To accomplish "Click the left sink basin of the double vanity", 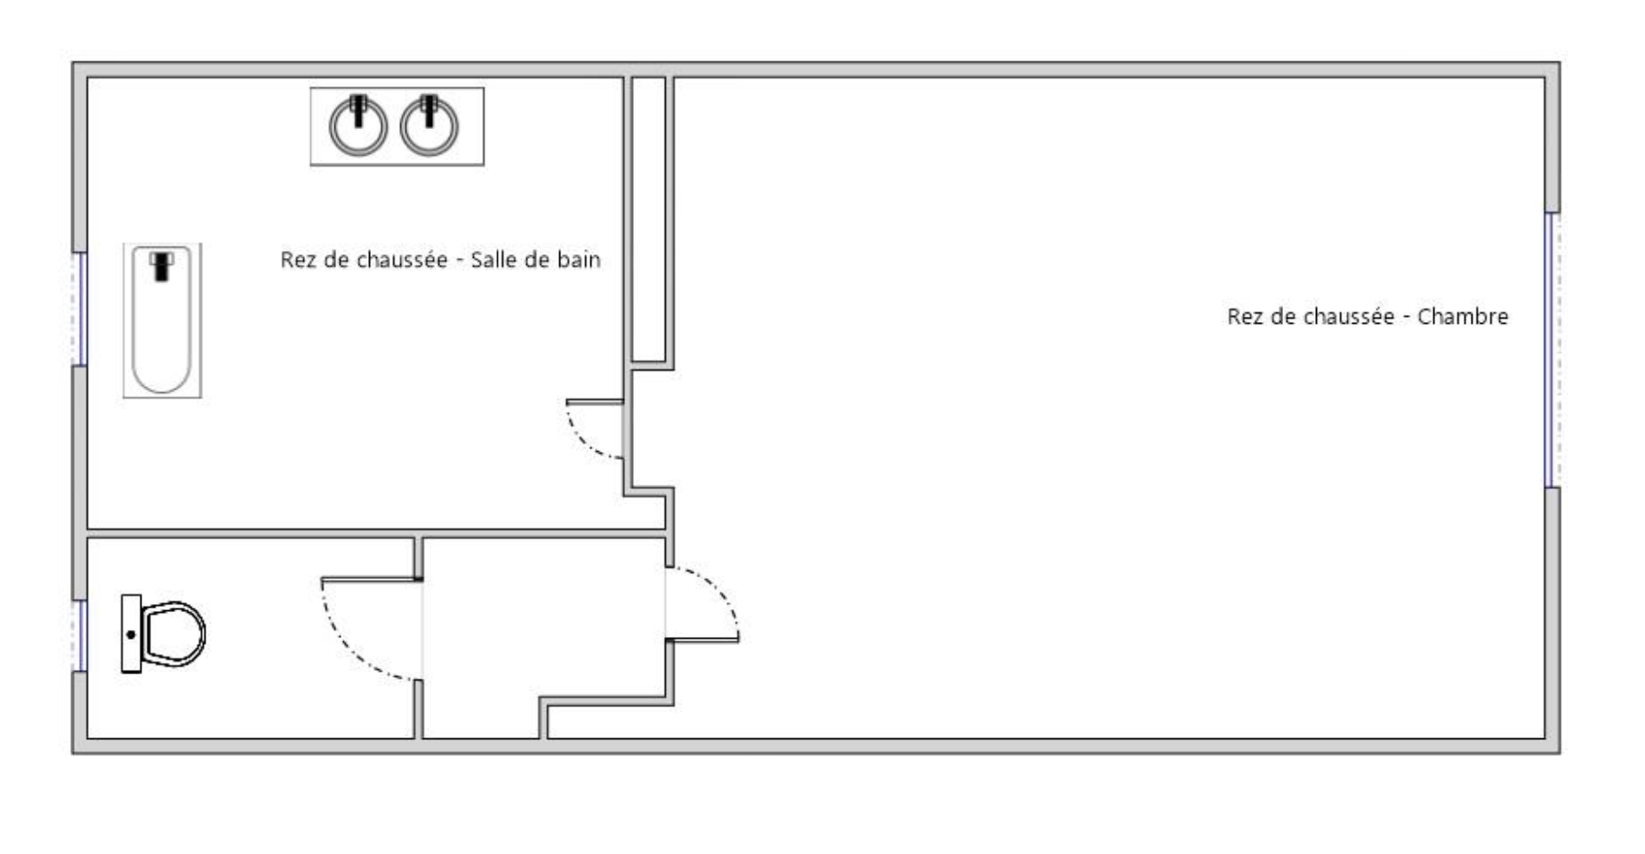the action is tap(358, 127).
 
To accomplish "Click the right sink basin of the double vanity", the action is tap(429, 127).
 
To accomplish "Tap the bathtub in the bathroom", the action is tap(162, 320).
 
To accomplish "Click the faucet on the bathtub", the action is tap(161, 266).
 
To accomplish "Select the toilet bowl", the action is tap(174, 634).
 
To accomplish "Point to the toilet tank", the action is tap(132, 633).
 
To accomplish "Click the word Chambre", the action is tap(1463, 317).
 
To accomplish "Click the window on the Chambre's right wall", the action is tap(1553, 350).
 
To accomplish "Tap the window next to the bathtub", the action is tap(80, 309).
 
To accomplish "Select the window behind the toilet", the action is tap(80, 635).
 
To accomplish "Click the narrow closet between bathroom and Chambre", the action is tap(648, 219).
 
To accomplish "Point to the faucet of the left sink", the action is tap(358, 109).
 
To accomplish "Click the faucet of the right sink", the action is tap(429, 109).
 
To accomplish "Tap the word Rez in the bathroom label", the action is tap(295, 260).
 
